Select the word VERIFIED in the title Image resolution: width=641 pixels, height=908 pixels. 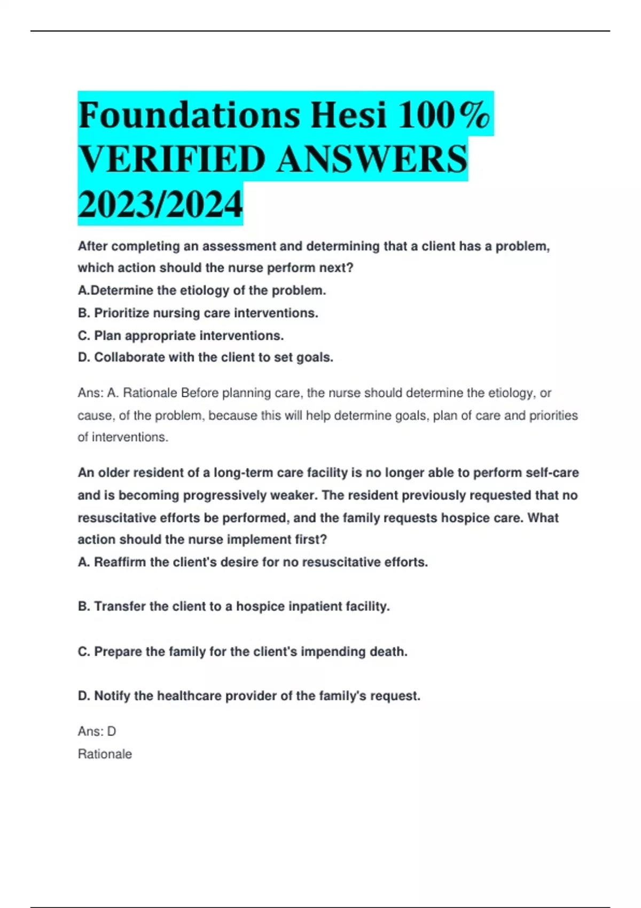171,159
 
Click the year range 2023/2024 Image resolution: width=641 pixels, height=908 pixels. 160,204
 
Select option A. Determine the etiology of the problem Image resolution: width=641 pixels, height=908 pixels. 201,291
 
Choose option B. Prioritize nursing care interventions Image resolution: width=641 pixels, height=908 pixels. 198,313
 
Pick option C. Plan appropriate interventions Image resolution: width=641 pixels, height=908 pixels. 181,335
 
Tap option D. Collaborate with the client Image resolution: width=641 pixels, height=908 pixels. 205,357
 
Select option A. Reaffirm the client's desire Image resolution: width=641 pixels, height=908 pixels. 253,562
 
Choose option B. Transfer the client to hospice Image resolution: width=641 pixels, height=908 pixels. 233,606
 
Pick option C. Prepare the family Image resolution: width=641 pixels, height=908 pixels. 243,652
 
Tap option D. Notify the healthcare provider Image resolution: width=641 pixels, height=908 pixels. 249,696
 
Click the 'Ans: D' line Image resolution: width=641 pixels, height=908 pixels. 97,731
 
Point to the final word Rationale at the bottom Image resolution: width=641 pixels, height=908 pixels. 105,754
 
